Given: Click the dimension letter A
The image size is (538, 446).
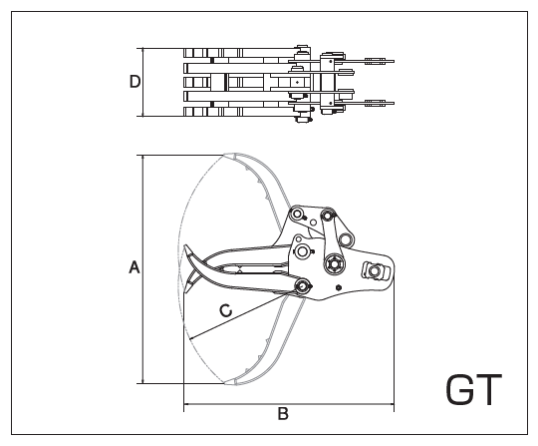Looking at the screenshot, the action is coord(134,267).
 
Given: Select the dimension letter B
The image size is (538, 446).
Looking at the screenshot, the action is coord(283,414).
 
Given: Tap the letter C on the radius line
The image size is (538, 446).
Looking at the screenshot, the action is coord(226,310).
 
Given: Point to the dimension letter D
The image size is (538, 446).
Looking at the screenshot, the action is coord(134,82).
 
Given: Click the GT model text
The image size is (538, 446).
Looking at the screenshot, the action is coord(474,389).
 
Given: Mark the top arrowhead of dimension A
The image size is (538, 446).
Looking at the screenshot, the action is coord(142,158).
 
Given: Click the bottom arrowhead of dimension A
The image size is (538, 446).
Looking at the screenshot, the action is coord(142,381).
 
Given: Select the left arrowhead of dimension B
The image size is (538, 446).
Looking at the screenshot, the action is coord(186,404).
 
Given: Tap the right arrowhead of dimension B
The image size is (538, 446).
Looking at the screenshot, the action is coord(392,404).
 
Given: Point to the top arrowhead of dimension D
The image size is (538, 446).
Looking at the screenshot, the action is coord(142,51).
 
